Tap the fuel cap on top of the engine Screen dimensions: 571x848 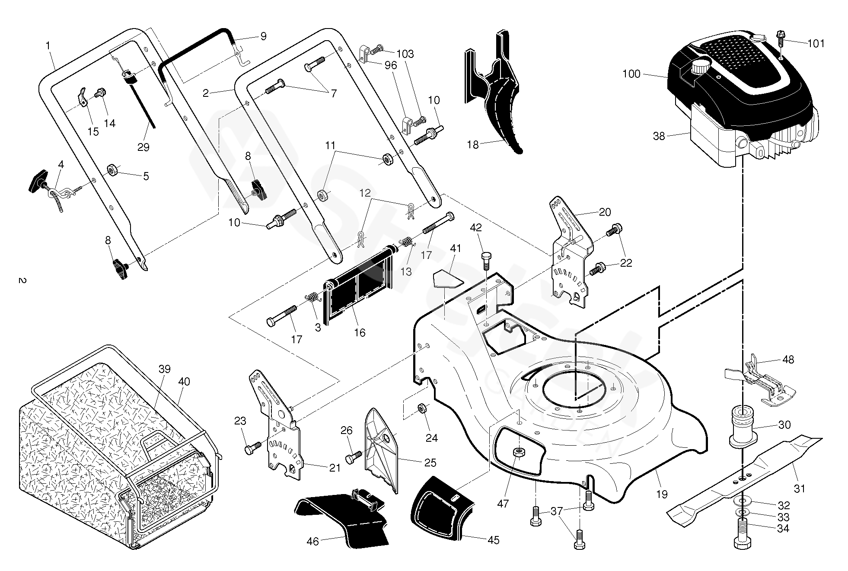701,68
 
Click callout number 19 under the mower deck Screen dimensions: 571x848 662,494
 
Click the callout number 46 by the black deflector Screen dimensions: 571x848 312,541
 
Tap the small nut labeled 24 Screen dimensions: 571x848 422,408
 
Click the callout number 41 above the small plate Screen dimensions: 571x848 456,248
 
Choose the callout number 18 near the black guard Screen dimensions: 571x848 473,144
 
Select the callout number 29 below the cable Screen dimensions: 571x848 143,147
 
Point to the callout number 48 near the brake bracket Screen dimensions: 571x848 788,360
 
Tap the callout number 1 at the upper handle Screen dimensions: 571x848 48,45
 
